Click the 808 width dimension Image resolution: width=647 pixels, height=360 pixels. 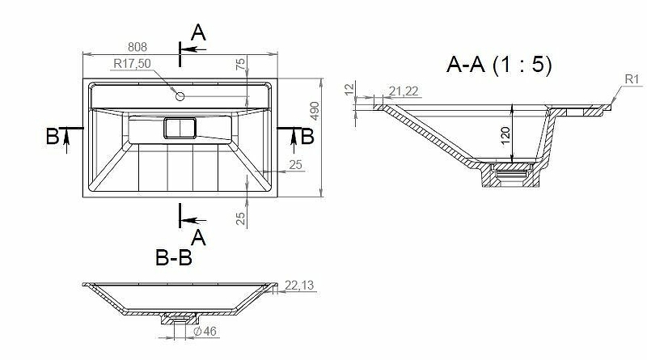137,47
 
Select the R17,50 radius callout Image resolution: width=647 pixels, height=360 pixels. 132,64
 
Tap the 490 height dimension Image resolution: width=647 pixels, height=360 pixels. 315,111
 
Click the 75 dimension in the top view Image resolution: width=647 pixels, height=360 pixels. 240,64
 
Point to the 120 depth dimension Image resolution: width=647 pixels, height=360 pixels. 505,136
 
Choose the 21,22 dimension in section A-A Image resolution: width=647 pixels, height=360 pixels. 404,91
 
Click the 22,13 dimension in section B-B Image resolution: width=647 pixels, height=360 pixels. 299,286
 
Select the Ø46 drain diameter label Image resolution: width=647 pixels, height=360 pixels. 205,331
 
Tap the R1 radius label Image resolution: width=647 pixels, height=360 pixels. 632,79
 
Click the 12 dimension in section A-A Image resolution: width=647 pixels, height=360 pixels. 349,89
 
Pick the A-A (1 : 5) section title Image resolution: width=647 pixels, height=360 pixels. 499,65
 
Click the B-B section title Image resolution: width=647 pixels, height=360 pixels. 174,258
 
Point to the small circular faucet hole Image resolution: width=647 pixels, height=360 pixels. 180,96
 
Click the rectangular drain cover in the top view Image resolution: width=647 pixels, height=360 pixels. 180,128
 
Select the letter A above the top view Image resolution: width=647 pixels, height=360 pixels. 198,32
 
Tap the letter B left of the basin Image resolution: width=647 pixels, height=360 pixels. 53,136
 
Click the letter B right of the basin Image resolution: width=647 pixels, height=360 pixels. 307,136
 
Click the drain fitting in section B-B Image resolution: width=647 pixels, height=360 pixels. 180,318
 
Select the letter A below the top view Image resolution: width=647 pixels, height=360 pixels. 198,237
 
